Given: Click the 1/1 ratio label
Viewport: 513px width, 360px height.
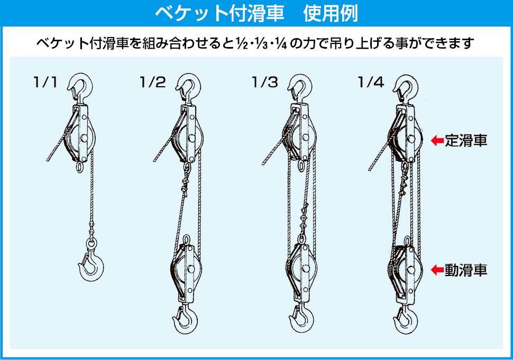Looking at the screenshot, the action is pos(45,82).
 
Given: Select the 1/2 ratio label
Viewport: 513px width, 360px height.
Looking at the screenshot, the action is pos(153,82).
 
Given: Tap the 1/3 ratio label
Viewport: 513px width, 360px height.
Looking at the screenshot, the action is pos(265,82).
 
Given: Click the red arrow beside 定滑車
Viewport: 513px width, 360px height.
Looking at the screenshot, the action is pos(437,141).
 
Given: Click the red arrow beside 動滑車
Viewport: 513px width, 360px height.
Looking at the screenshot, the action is pos(437,270).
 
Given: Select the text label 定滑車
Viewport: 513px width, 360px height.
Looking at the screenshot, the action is pos(466,141).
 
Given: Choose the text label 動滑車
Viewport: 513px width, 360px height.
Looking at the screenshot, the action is pos(466,270).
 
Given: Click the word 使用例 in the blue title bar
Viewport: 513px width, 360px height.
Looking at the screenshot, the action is pos(331,13).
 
